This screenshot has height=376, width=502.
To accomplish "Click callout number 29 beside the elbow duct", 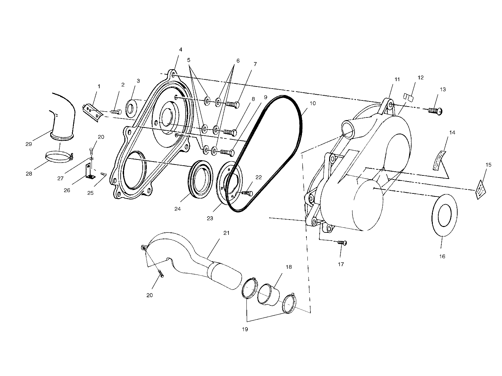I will pos(28,144).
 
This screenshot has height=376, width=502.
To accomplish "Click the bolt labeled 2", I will pos(116,111).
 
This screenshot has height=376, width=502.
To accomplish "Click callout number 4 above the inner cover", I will pos(181,50).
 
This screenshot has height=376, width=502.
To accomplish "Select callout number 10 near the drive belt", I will pos(313,103).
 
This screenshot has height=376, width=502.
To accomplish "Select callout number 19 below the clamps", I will pos(245,329).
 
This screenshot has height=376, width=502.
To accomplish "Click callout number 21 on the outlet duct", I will pos(226,233).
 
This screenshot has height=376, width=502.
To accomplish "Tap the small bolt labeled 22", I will pos(247,193).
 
